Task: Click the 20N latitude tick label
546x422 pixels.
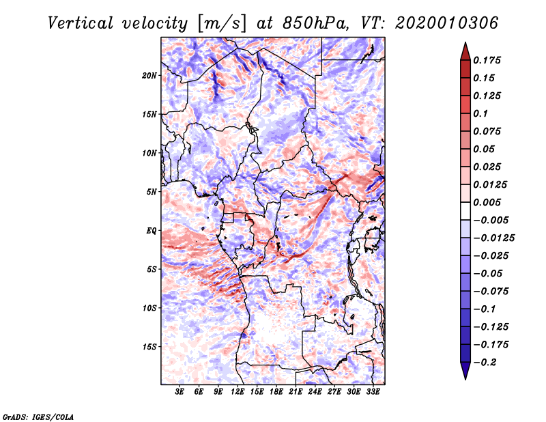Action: coord(150,75)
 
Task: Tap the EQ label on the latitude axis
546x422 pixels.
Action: coord(151,230)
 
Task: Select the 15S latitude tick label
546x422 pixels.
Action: coord(150,346)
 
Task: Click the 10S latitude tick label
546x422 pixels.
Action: coord(150,308)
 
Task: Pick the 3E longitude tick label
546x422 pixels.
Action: coord(180,393)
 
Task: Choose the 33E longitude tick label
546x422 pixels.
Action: coord(373,393)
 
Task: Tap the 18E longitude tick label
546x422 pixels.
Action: coord(276,393)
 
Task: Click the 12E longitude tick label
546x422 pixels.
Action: coord(238,393)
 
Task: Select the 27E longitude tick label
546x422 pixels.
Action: coord(334,393)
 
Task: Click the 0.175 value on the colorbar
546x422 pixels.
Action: coord(487,60)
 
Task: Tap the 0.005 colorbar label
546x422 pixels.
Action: coord(487,202)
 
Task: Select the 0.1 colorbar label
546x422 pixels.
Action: coord(482,113)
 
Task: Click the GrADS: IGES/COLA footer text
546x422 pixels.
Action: coord(38,416)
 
